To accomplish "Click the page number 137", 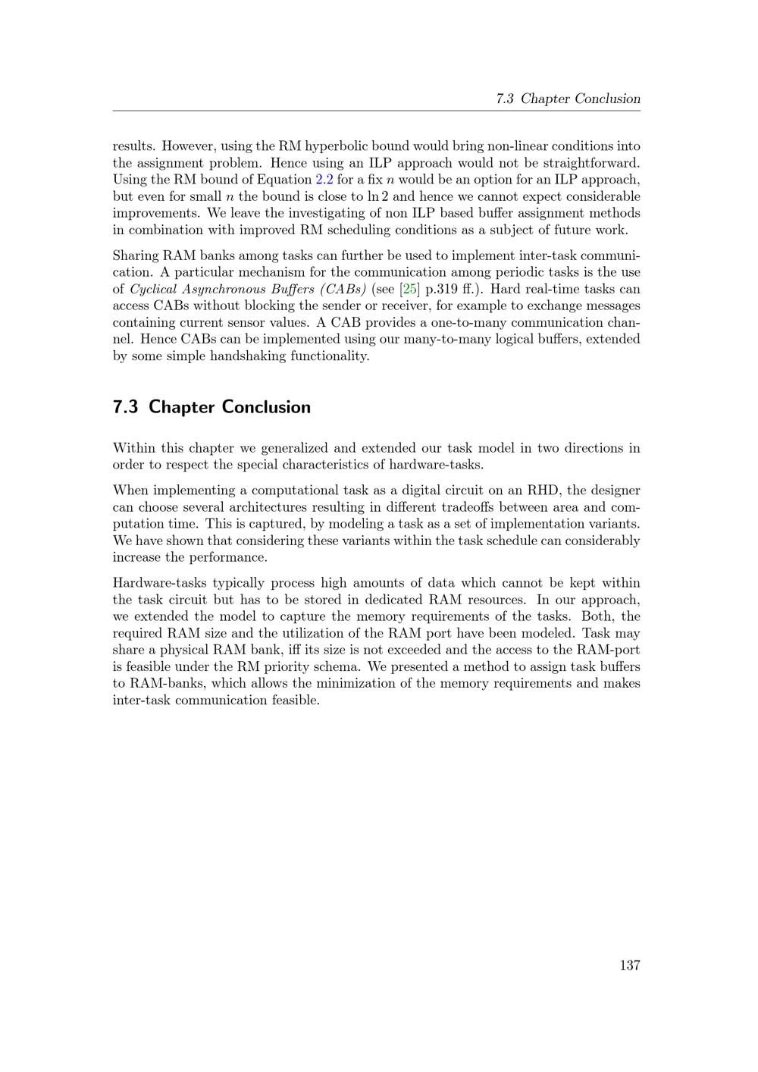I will [x=629, y=965].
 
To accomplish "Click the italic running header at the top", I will [x=568, y=99].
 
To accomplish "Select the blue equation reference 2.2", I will [x=324, y=180].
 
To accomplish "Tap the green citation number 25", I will [x=409, y=289].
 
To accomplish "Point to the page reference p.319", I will [x=444, y=289].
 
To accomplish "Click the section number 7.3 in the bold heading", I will [x=126, y=407].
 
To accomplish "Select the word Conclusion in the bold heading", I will [x=266, y=407].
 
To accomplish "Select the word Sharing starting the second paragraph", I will [x=135, y=255].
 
